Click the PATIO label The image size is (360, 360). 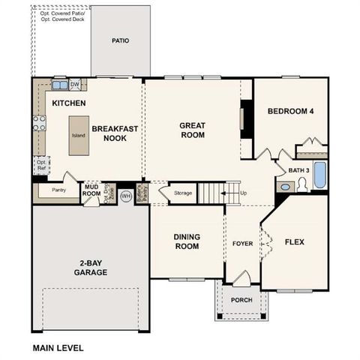pos(120,40)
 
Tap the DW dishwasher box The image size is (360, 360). pos(75,84)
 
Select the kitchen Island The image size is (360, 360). pos(77,136)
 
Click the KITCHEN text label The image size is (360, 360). pos(68,103)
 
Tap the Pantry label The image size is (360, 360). pos(58,190)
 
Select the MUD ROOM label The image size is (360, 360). pos(91,190)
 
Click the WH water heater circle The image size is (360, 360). pos(126,196)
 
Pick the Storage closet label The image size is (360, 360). pos(183,193)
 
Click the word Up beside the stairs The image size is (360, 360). pos(244,193)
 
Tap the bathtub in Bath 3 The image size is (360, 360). pos(319,175)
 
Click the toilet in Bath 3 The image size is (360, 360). pos(304,184)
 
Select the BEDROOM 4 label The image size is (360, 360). pos(290,112)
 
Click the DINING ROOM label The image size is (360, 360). pos(186,241)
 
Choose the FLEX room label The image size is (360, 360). pos(295,241)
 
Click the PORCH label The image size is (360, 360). pos(241,300)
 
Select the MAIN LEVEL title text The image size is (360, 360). pos(58,348)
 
